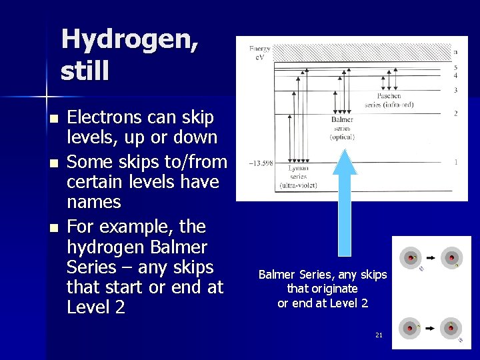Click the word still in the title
click(x=84, y=71)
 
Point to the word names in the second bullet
click(x=94, y=201)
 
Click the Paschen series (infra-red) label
click(x=389, y=100)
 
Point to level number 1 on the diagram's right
click(x=455, y=162)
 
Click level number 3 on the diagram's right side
click(x=455, y=90)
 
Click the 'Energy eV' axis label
click(x=259, y=53)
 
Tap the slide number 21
click(x=379, y=335)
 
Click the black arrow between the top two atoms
click(x=431, y=257)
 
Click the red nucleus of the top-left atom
click(x=410, y=257)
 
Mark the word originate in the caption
click(x=322, y=289)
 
